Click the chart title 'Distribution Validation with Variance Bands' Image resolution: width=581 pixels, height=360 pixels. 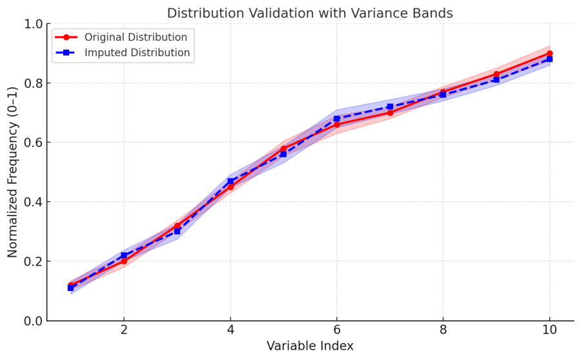[310, 14]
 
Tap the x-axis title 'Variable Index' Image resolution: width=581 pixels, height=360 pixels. [310, 346]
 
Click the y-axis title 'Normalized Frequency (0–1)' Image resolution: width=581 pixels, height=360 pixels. [13, 172]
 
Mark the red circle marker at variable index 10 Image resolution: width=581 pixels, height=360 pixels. [549, 54]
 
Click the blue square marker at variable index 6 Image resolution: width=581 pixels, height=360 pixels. [336, 119]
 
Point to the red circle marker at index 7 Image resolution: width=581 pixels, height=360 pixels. [390, 113]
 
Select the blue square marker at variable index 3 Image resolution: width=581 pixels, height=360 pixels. [177, 232]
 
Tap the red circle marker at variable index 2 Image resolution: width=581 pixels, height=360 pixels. [124, 261]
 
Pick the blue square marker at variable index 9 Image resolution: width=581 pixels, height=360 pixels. [496, 80]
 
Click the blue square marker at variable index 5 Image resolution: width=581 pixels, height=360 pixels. [283, 154]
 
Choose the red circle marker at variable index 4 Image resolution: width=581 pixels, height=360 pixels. [230, 187]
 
